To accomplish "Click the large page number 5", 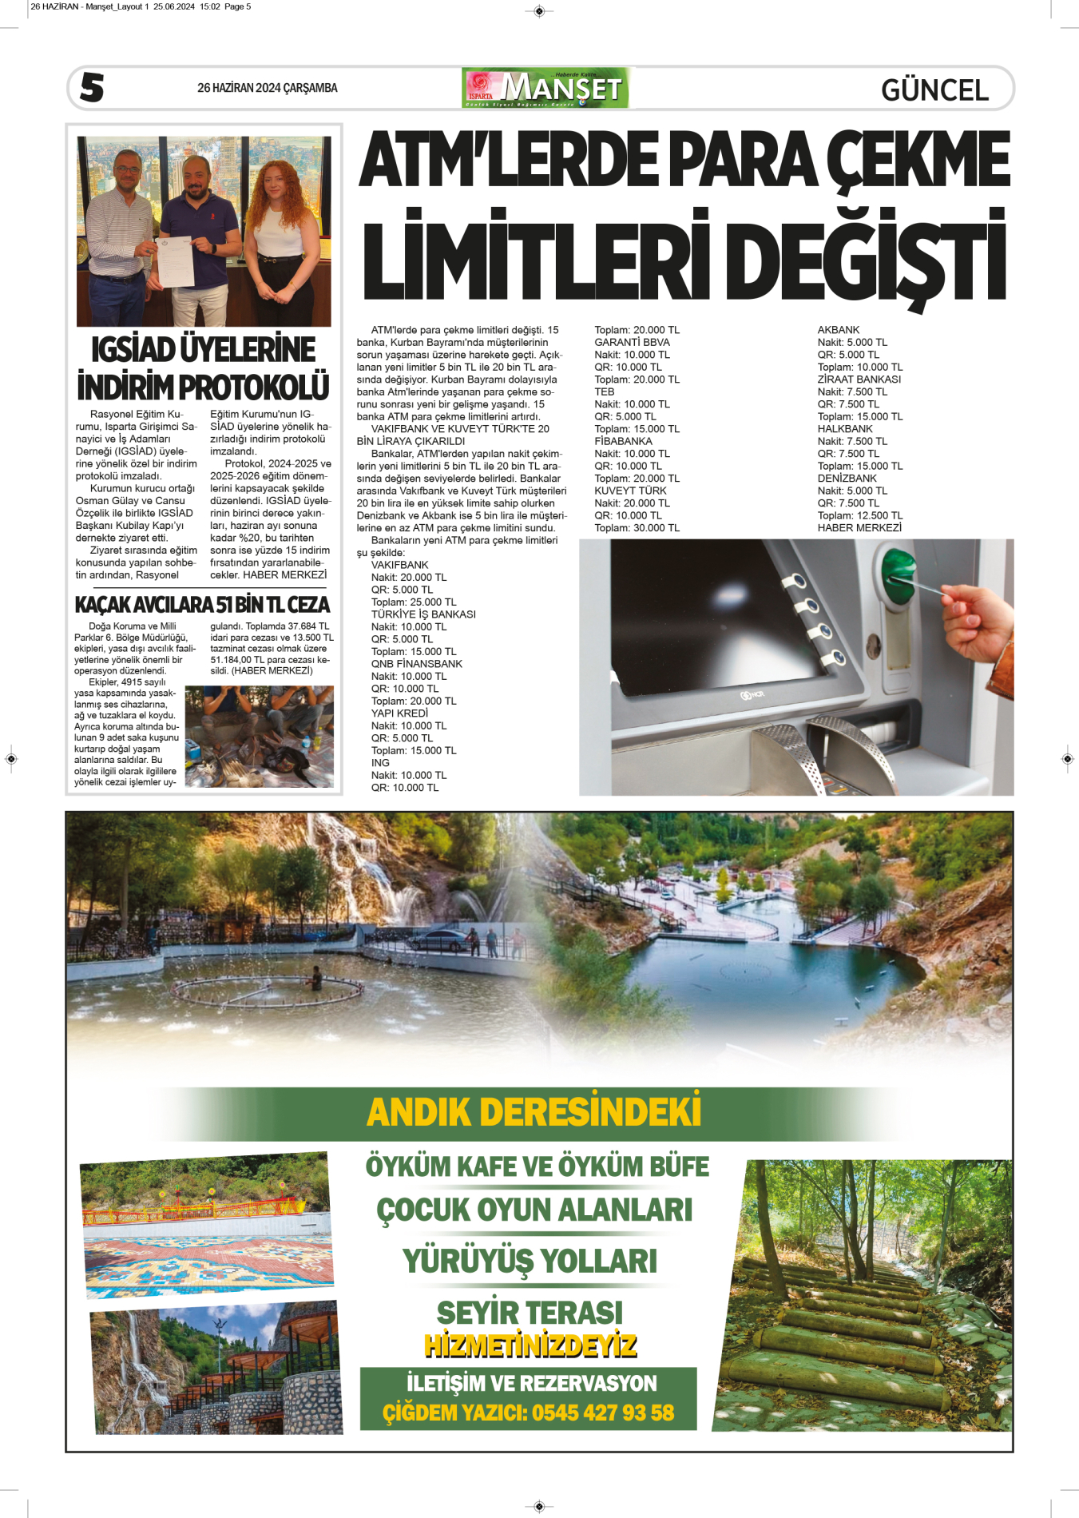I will click(x=92, y=87).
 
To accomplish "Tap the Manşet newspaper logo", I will click(x=545, y=88).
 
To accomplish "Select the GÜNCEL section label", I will click(x=934, y=90).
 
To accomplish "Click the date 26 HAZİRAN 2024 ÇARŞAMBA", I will click(x=267, y=88).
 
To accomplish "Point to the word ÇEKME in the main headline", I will click(x=918, y=161).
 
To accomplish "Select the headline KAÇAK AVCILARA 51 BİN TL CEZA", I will click(x=202, y=605).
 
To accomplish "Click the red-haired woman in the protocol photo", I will click(x=283, y=232).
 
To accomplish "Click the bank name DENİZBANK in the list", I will click(x=847, y=479).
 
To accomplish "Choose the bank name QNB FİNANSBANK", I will click(x=416, y=664).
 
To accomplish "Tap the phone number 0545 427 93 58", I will click(x=603, y=1413).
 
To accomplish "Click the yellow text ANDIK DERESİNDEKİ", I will click(x=534, y=1111).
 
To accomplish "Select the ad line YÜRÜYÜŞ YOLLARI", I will click(x=530, y=1261).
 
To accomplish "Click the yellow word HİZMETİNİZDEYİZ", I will click(x=530, y=1345).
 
